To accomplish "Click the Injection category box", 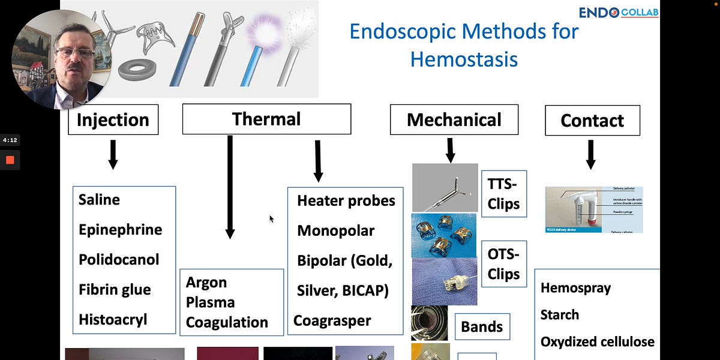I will point(113,119).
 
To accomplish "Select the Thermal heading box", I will point(266,119).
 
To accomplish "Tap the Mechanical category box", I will point(454,119).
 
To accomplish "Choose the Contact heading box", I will point(592,121).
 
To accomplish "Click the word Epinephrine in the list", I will point(120,230).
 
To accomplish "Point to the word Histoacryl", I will point(113,320).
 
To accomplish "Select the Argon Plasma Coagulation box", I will point(231,302).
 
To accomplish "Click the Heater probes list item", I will point(346,201).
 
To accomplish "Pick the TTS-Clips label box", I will point(503,194).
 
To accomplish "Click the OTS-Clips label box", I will point(503,263).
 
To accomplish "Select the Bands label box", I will point(482,328).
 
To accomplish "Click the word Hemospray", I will point(575,288).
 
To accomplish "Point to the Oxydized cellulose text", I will point(597,342).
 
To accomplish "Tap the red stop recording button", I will point(10,160).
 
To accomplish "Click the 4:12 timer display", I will point(10,140).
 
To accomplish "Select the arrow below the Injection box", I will point(113,155).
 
